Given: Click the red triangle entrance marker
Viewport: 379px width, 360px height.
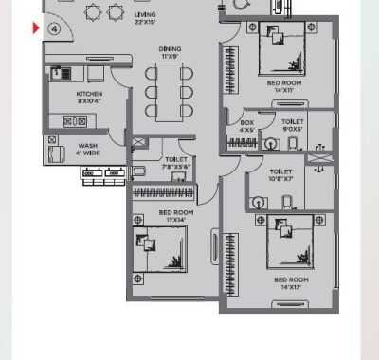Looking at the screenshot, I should pyautogui.click(x=37, y=27).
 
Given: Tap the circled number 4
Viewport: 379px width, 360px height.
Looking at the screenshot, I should pyautogui.click(x=55, y=28).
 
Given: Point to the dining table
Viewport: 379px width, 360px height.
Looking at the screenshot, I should pyautogui.click(x=170, y=92).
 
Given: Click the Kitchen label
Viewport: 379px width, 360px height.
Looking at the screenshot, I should pyautogui.click(x=89, y=99).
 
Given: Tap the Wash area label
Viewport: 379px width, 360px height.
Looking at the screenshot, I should pyautogui.click(x=87, y=149).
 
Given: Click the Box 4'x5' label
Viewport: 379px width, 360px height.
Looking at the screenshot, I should pyautogui.click(x=247, y=126).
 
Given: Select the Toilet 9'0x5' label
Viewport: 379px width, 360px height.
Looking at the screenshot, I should pyautogui.click(x=292, y=126).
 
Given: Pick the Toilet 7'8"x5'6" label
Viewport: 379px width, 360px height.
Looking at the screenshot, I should pyautogui.click(x=176, y=163).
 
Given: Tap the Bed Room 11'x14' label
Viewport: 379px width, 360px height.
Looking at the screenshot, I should pyautogui.click(x=176, y=215).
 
